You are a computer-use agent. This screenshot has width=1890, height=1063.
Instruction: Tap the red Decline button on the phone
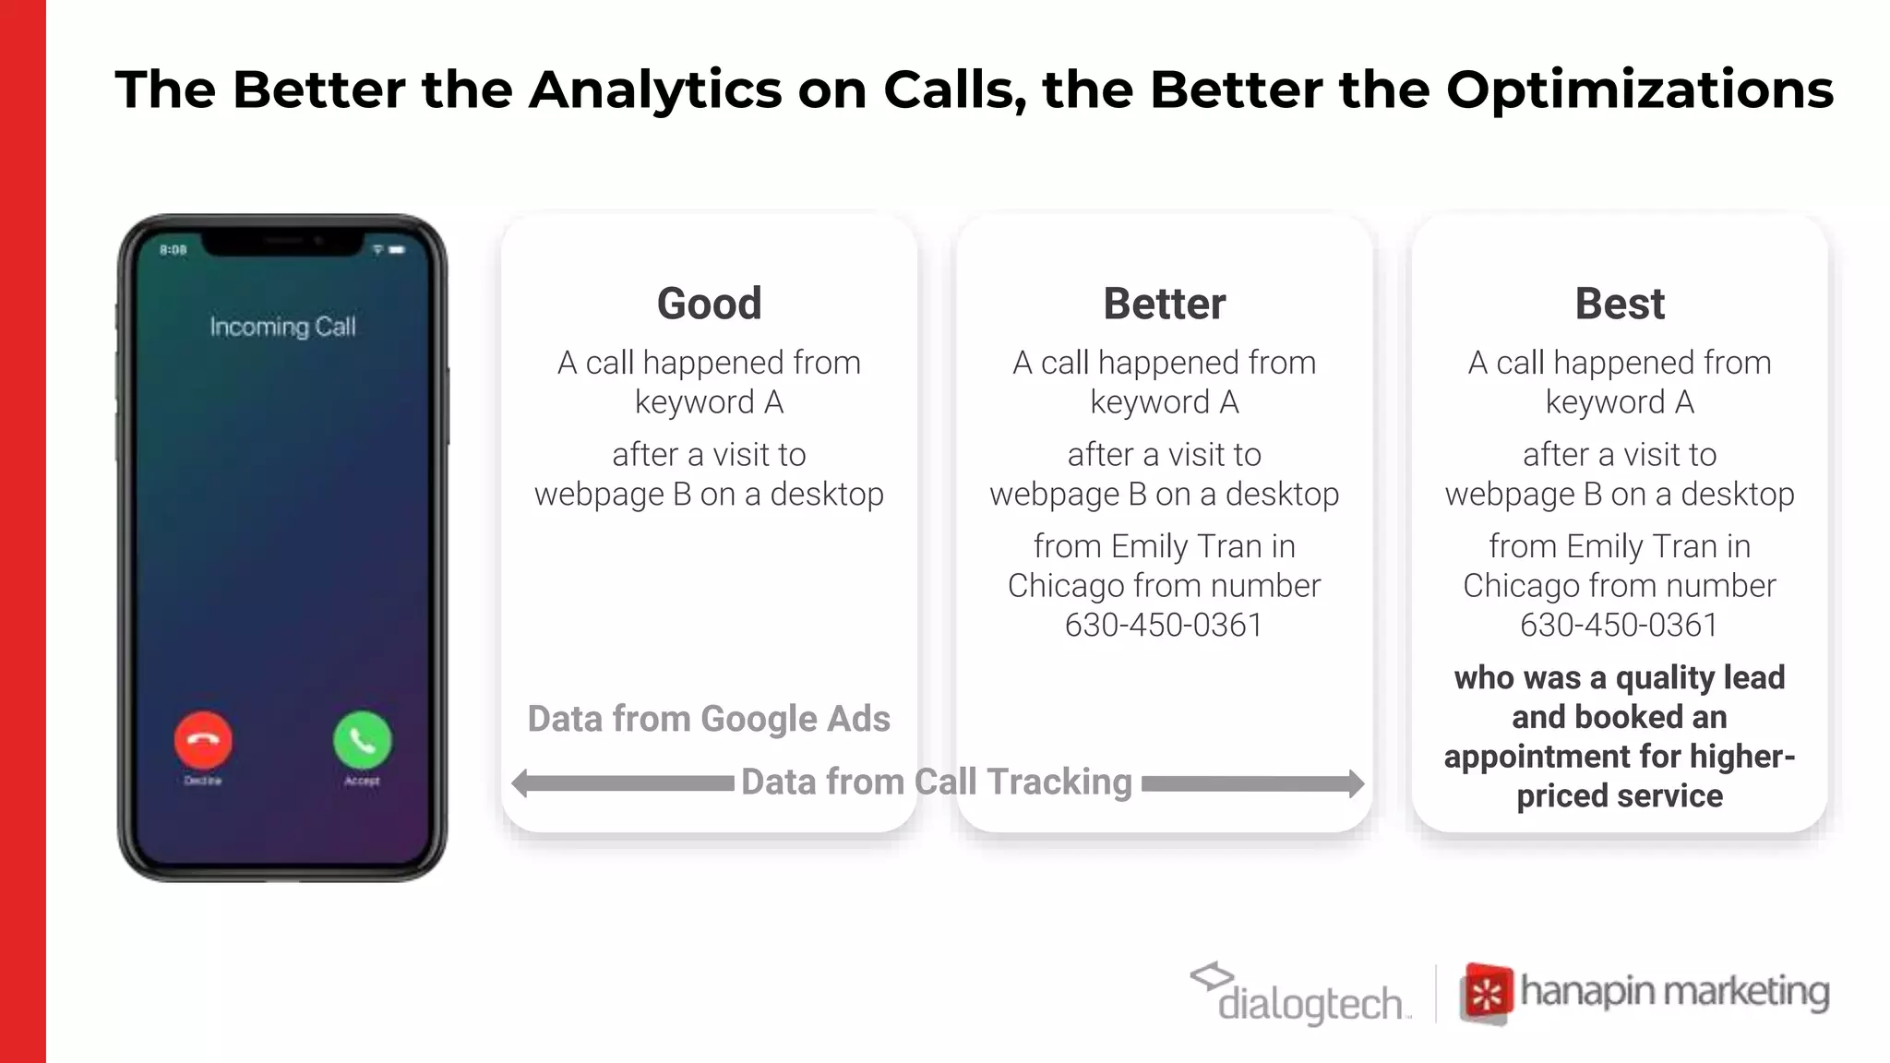(203, 740)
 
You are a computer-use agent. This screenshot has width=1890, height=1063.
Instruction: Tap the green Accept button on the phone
(362, 740)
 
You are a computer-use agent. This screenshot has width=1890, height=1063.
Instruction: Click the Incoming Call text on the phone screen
(282, 327)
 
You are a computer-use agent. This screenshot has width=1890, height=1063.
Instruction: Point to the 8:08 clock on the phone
(173, 250)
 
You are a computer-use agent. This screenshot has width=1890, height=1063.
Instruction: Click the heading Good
(709, 304)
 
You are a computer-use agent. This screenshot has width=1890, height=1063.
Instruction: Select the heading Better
(1164, 304)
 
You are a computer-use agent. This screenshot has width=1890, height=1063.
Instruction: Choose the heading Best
(1620, 304)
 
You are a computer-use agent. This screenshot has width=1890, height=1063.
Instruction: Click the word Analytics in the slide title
(655, 90)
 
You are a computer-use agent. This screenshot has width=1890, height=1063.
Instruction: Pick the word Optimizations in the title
(1639, 90)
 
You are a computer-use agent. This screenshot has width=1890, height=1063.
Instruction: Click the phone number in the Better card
(1164, 626)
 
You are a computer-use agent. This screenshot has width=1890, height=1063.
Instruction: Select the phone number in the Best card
(1620, 626)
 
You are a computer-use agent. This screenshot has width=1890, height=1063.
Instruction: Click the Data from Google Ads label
(709, 719)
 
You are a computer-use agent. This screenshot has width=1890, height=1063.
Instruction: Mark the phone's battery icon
(398, 250)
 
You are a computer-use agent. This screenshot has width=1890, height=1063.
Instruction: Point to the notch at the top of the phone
(282, 242)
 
